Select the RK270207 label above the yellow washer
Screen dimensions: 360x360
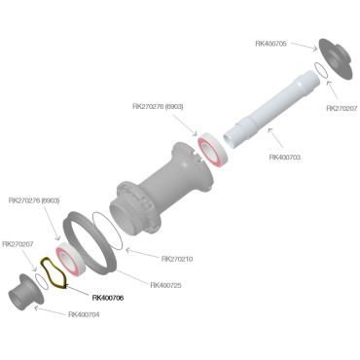[19, 244]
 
